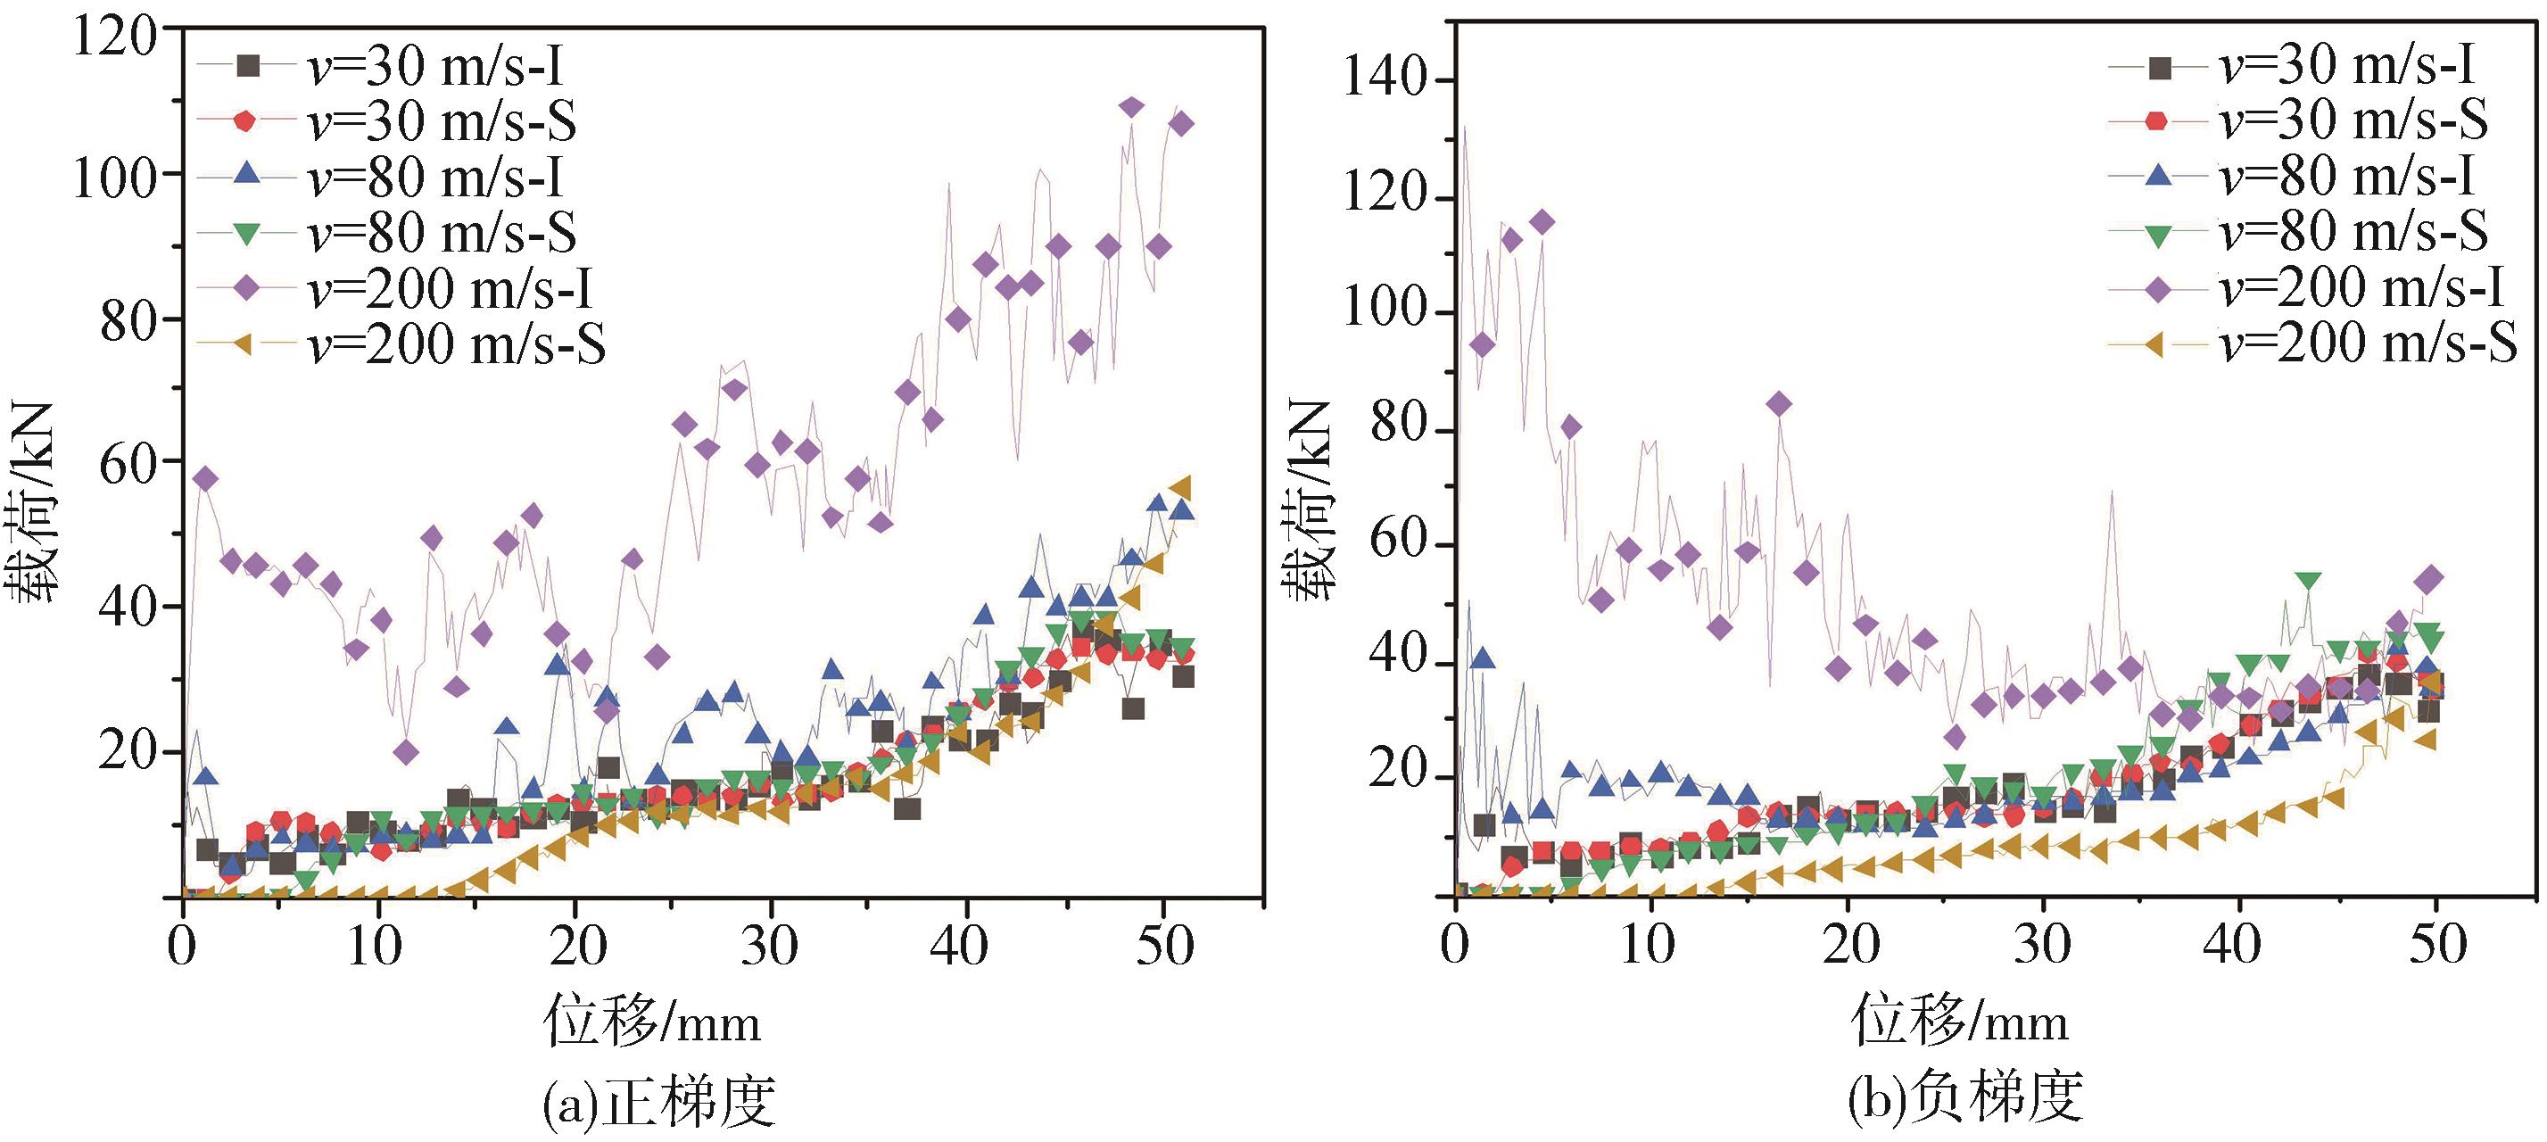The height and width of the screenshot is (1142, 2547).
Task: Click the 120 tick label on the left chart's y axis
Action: click(113, 39)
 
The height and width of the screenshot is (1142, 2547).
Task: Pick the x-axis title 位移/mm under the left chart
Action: click(652, 1021)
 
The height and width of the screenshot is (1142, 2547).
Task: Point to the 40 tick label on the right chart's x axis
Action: click(2231, 948)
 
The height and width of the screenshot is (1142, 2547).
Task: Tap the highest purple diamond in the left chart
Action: click(1132, 107)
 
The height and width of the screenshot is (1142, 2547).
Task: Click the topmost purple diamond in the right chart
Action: click(1542, 222)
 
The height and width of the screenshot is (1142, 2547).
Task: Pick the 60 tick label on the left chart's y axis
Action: click(128, 463)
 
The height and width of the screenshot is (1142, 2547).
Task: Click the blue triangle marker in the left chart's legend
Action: click(248, 176)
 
